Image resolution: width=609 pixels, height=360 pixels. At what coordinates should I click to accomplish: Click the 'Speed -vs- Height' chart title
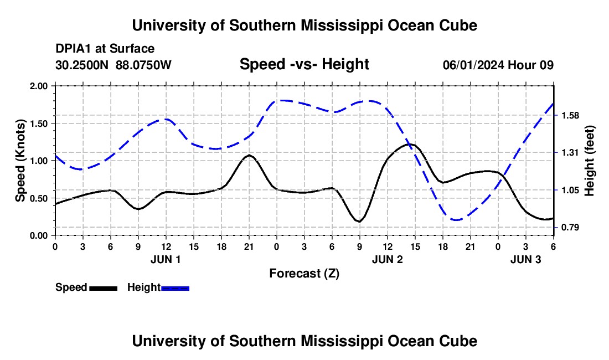(x=304, y=64)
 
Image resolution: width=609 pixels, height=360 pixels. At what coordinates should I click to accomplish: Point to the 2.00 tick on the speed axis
(x=39, y=86)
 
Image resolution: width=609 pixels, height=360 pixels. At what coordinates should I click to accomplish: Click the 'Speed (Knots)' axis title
(x=20, y=161)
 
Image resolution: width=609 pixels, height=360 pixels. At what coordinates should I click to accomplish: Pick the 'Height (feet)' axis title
(x=589, y=161)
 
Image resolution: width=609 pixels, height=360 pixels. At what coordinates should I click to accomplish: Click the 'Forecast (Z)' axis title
(x=304, y=273)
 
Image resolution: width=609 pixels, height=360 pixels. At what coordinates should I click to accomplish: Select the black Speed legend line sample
(x=103, y=287)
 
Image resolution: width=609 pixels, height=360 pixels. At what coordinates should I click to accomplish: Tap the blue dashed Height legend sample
(x=175, y=287)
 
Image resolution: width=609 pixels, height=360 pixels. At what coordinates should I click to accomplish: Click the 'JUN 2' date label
(x=387, y=259)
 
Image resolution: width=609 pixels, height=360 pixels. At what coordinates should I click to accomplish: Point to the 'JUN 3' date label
(x=525, y=259)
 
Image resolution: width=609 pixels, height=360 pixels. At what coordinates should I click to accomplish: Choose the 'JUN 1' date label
(x=166, y=259)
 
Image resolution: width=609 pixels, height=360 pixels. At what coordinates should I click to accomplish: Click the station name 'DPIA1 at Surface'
(x=105, y=49)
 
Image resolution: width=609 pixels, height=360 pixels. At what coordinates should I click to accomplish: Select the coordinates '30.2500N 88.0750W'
(x=113, y=65)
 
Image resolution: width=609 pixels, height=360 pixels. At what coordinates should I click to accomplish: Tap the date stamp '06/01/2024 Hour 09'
(x=498, y=65)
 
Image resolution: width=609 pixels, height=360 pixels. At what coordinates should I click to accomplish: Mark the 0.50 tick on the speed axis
(x=39, y=198)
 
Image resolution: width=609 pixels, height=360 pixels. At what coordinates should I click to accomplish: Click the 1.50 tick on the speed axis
(x=39, y=124)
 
